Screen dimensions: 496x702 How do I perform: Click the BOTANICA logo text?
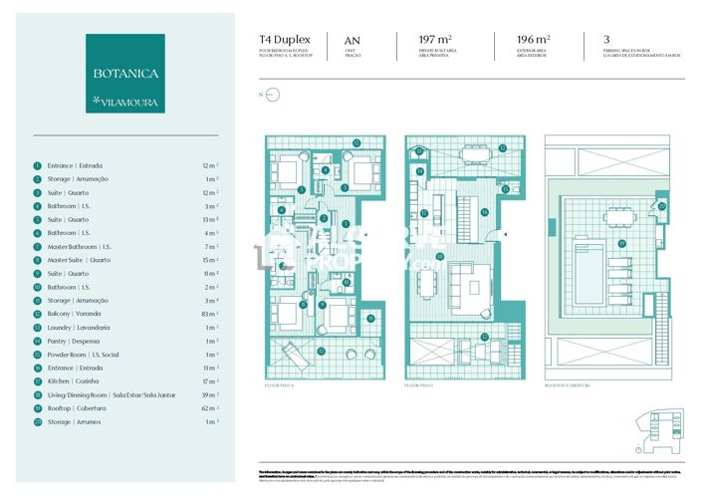point(124,74)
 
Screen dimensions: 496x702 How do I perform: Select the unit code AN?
point(351,40)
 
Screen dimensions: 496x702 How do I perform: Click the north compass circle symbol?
point(275,96)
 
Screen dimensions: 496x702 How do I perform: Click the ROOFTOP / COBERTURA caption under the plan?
point(568,382)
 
